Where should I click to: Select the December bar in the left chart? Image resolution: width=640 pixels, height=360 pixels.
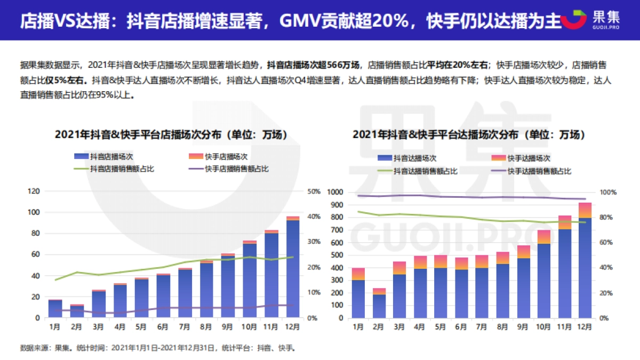point(293,268)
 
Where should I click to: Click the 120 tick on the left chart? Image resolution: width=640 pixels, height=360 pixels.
point(34,191)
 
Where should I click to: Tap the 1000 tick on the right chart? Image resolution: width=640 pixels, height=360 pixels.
point(337,192)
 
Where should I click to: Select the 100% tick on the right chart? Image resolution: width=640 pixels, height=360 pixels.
point(609,192)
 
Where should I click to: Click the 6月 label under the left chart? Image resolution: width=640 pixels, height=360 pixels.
point(163,326)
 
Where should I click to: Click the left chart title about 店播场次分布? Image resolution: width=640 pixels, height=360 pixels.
point(171,135)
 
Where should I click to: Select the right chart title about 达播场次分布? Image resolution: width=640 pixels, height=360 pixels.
point(469,135)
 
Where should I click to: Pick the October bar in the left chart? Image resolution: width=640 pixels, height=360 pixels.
point(250,280)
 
